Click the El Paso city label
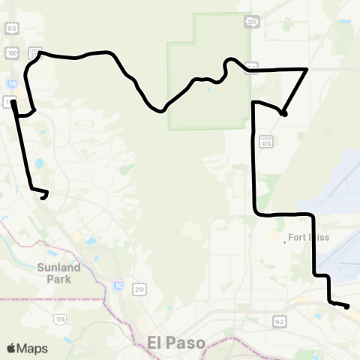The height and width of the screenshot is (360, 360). [x=175, y=342]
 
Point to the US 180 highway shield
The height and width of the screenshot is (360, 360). [x=10, y=52]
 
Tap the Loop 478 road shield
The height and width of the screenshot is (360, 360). [x=265, y=140]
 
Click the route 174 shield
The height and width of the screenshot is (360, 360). [x=59, y=319]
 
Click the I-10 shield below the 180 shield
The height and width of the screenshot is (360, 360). [x=10, y=77]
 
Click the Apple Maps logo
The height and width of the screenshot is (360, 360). [x=27, y=348]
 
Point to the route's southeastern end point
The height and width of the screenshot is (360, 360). [x=347, y=306]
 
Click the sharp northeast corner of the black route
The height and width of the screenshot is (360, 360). [x=307, y=69]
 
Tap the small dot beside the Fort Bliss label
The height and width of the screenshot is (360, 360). [x=286, y=241]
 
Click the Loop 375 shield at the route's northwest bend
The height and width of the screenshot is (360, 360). [x=34, y=52]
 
